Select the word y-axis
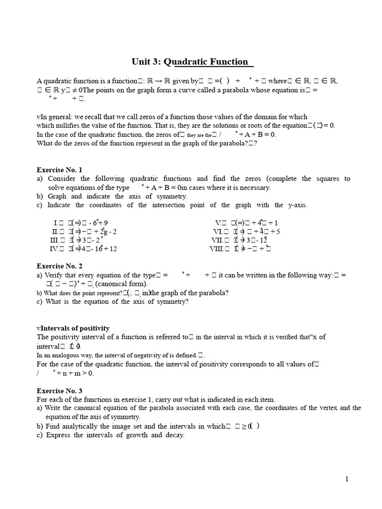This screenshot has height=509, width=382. coord(297,205)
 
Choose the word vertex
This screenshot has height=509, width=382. coord(327,408)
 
